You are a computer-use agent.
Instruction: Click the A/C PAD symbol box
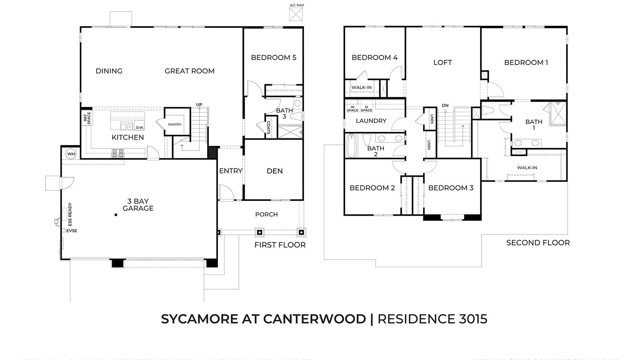[x=296, y=14]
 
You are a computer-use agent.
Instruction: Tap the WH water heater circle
[x=71, y=154]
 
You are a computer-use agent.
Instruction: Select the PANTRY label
[x=175, y=124]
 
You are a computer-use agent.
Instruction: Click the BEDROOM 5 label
[x=274, y=58]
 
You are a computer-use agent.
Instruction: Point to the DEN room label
[x=274, y=171]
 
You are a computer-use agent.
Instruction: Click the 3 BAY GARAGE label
[x=138, y=205]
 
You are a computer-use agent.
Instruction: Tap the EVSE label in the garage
[x=72, y=231]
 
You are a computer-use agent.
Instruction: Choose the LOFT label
[x=442, y=62]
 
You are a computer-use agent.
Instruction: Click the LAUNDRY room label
[x=371, y=121]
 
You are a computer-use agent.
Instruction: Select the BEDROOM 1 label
[x=526, y=62]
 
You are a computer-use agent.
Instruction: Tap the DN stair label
[x=445, y=106]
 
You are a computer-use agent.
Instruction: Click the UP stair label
[x=199, y=105]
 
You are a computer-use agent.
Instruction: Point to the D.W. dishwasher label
[x=140, y=128]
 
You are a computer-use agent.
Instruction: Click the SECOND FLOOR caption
[x=538, y=243]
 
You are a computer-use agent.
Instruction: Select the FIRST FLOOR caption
[x=280, y=245]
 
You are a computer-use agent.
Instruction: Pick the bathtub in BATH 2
[x=351, y=146]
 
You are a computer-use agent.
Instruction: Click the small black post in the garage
[x=116, y=215]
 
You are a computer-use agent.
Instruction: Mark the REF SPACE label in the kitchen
[x=87, y=118]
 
